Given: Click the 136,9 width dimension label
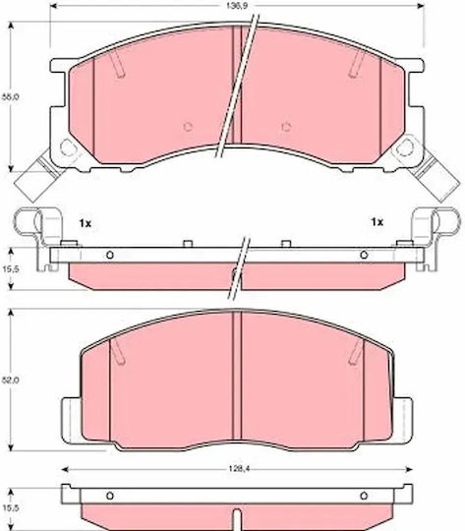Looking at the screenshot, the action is click(236, 6).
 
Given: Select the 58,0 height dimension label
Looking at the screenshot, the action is click(11, 96).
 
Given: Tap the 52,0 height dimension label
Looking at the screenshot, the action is click(12, 380).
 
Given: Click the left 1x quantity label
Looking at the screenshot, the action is click(86, 223).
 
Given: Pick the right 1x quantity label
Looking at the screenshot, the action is click(377, 222).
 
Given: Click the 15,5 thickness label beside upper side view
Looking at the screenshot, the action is click(12, 268).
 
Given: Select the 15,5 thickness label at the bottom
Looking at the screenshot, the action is click(12, 508).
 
